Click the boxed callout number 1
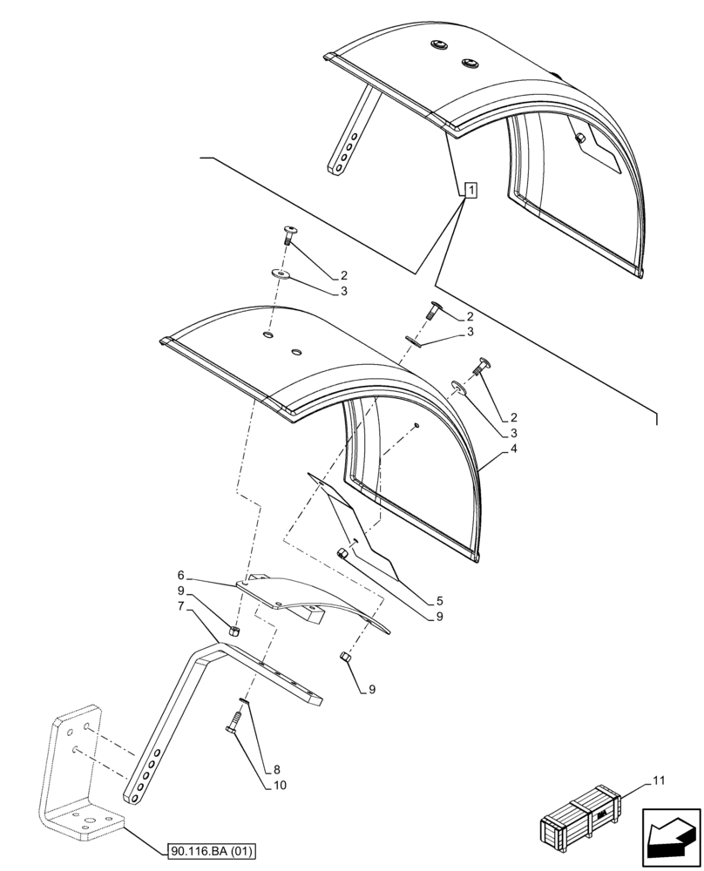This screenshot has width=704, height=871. pyautogui.click(x=470, y=190)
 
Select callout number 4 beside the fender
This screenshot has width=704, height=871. pyautogui.click(x=515, y=449)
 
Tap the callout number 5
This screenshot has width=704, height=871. pyautogui.click(x=440, y=600)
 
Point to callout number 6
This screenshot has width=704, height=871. pyautogui.click(x=180, y=576)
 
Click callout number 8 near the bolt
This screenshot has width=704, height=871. pyautogui.click(x=277, y=770)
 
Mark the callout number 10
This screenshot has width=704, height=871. pyautogui.click(x=279, y=785)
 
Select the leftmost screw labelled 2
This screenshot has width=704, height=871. pyautogui.click(x=289, y=232)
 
